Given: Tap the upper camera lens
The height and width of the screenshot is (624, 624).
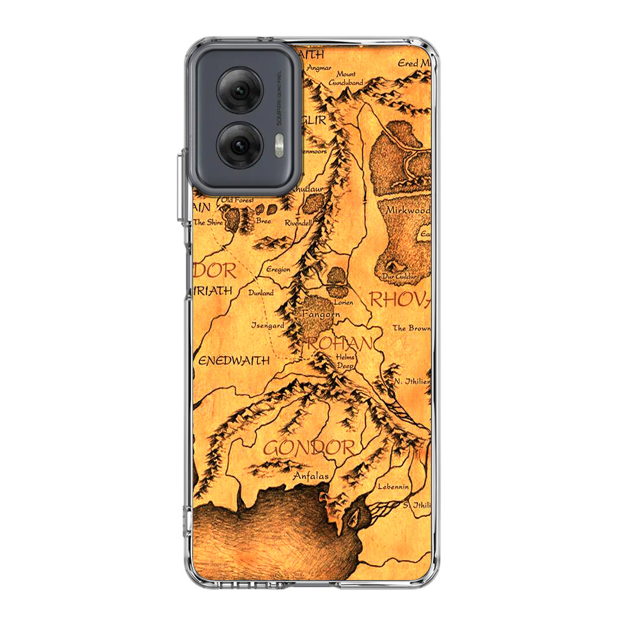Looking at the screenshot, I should pyautogui.click(x=240, y=91).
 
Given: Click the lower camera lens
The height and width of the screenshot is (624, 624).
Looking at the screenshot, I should pyautogui.click(x=240, y=145).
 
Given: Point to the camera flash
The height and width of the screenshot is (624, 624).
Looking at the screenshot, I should pyautogui.click(x=279, y=146).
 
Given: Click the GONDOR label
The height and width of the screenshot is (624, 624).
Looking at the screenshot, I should pyautogui.click(x=309, y=448).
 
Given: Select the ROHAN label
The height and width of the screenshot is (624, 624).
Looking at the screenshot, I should pyautogui.click(x=339, y=344).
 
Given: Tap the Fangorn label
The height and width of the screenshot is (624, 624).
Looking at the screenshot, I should pyautogui.click(x=321, y=314).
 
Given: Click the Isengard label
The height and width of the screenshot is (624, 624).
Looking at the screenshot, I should pyautogui.click(x=268, y=325).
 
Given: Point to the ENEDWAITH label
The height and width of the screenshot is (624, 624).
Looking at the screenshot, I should pyautogui.click(x=234, y=361).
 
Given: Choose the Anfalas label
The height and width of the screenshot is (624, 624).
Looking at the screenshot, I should pyautogui.click(x=311, y=476).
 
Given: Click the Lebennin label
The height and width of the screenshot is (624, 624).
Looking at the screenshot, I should pyautogui.click(x=393, y=487).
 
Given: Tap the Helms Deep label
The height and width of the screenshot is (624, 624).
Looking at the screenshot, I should pyautogui.click(x=345, y=361).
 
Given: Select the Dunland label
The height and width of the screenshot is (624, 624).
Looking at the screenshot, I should pyautogui.click(x=261, y=293).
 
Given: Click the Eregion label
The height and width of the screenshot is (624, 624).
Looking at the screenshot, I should pyautogui.click(x=278, y=269).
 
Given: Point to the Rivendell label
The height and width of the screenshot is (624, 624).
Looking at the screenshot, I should pyautogui.click(x=298, y=223).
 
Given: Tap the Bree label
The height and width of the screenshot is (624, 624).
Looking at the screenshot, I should pyautogui.click(x=263, y=221).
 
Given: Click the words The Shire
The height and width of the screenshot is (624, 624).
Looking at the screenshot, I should pyautogui.click(x=208, y=222).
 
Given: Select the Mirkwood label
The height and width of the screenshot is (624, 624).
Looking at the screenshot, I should pyautogui.click(x=408, y=211).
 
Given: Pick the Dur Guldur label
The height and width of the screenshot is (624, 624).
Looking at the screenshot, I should pyautogui.click(x=399, y=277).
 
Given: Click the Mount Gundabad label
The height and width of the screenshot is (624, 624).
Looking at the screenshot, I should pyautogui.click(x=346, y=78).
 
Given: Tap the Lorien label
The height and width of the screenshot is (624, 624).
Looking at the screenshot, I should pyautogui.click(x=343, y=302).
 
